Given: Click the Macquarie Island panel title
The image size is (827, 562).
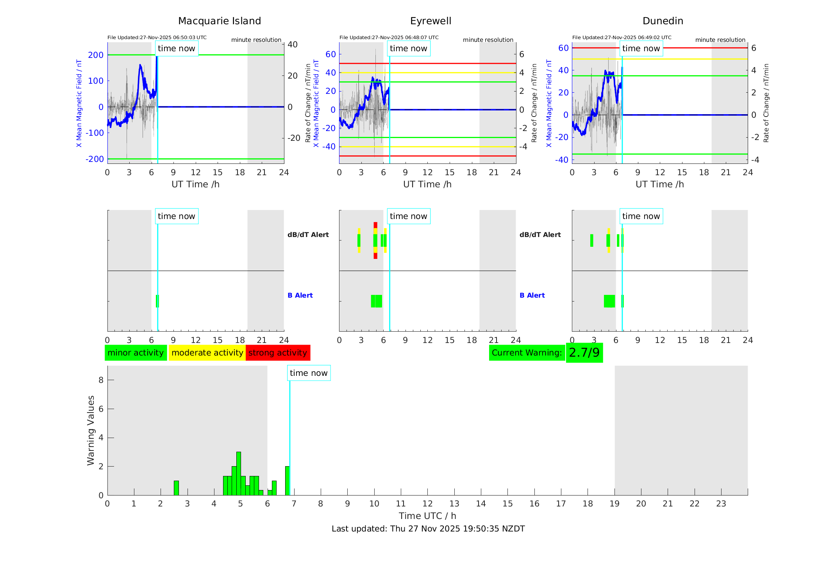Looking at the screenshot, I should [220, 21].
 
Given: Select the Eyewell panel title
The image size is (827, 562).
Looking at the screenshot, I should [430, 21].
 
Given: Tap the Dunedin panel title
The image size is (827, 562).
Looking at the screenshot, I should [663, 21].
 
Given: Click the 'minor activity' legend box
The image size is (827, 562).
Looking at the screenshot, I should [136, 353].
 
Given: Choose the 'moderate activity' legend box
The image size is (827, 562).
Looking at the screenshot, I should [207, 353].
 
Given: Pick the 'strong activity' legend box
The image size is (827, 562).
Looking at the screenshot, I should [278, 353].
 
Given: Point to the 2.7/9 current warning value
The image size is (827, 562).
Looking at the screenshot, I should [584, 353].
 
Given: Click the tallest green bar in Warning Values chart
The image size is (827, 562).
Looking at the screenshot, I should [239, 473].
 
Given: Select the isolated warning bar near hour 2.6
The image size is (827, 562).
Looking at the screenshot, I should [176, 488].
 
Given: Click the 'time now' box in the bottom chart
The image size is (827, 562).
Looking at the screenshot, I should [309, 373].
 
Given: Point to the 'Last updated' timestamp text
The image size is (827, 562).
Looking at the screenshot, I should [428, 529].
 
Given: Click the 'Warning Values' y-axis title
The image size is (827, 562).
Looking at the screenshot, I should [91, 430].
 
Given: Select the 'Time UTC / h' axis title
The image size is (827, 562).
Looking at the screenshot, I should [427, 516].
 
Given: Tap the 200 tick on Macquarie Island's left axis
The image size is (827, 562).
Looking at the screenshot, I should [96, 55].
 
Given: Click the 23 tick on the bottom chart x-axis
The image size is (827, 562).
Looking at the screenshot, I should [721, 504].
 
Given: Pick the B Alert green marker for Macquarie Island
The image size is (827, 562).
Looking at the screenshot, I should [157, 301].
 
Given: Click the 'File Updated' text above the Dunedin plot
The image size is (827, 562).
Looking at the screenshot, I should [622, 38].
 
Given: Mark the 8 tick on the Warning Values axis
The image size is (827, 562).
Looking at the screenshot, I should [101, 380].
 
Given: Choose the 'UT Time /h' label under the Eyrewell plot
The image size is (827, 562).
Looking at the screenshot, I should [427, 184].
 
